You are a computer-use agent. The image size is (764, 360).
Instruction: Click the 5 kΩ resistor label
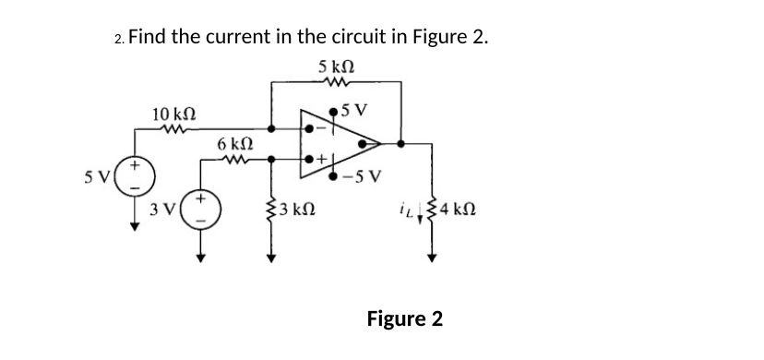[x=337, y=66]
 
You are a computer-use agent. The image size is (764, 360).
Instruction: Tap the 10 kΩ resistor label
[x=173, y=114]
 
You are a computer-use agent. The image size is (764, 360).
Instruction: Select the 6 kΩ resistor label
[x=235, y=144]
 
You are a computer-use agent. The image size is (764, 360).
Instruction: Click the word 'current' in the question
[x=241, y=38]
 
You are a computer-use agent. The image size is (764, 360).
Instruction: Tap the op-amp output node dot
[x=400, y=143]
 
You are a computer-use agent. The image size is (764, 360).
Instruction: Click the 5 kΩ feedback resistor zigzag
[x=336, y=82]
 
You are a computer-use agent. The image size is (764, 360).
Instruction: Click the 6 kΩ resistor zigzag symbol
[x=235, y=158]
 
